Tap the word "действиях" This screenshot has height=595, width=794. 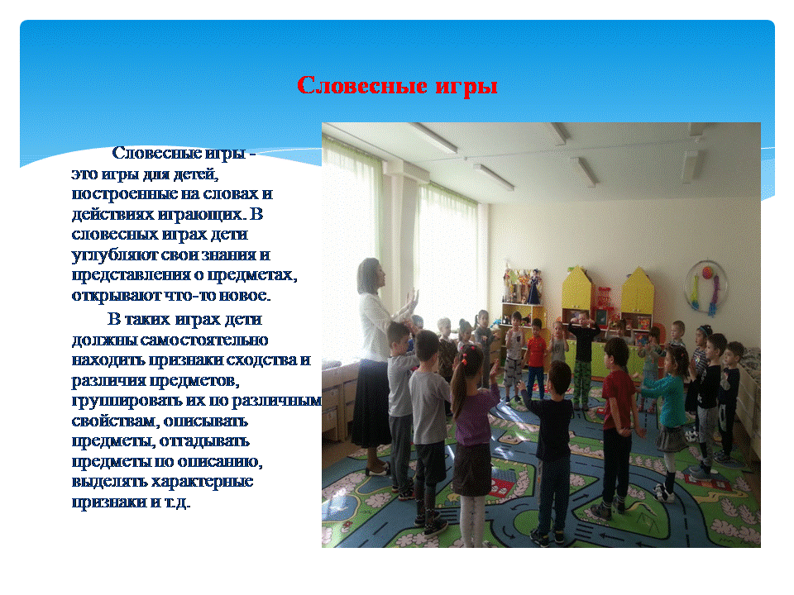112,215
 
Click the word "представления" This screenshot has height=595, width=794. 132,275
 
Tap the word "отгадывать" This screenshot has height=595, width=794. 204,441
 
